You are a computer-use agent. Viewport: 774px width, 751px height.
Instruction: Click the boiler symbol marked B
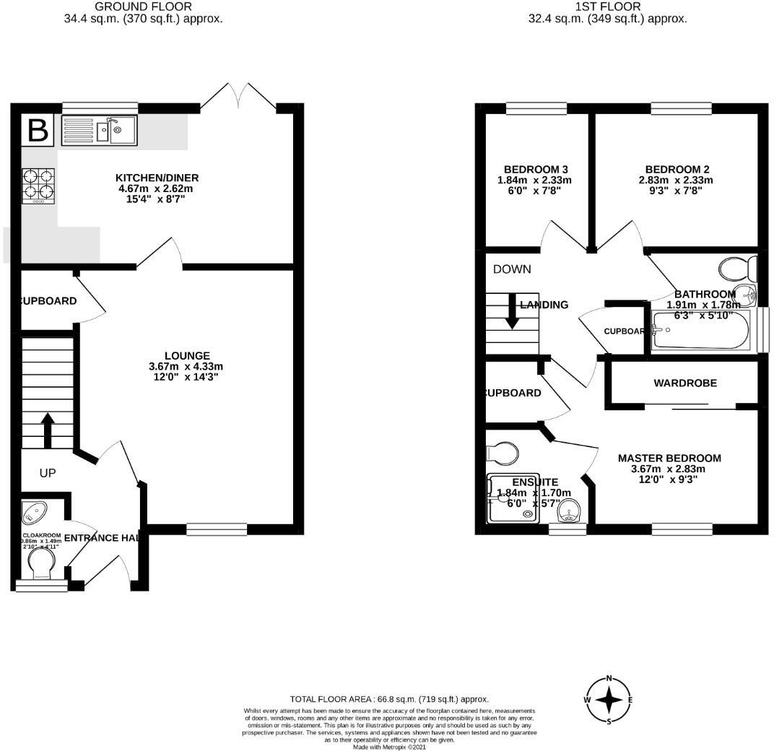38,131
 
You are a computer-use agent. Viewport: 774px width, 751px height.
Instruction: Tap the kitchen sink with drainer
99,131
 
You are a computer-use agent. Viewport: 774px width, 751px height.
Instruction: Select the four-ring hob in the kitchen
39,184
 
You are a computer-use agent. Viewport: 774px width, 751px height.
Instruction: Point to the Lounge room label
186,366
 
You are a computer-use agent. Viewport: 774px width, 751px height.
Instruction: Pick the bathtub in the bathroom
704,331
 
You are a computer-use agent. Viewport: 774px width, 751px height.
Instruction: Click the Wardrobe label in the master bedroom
684,383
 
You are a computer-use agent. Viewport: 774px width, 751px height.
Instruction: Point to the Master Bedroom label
669,469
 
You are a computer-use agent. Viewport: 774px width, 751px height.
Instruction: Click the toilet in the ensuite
503,453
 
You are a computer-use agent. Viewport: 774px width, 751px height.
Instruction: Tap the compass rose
609,700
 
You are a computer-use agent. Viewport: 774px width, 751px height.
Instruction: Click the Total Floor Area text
389,699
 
